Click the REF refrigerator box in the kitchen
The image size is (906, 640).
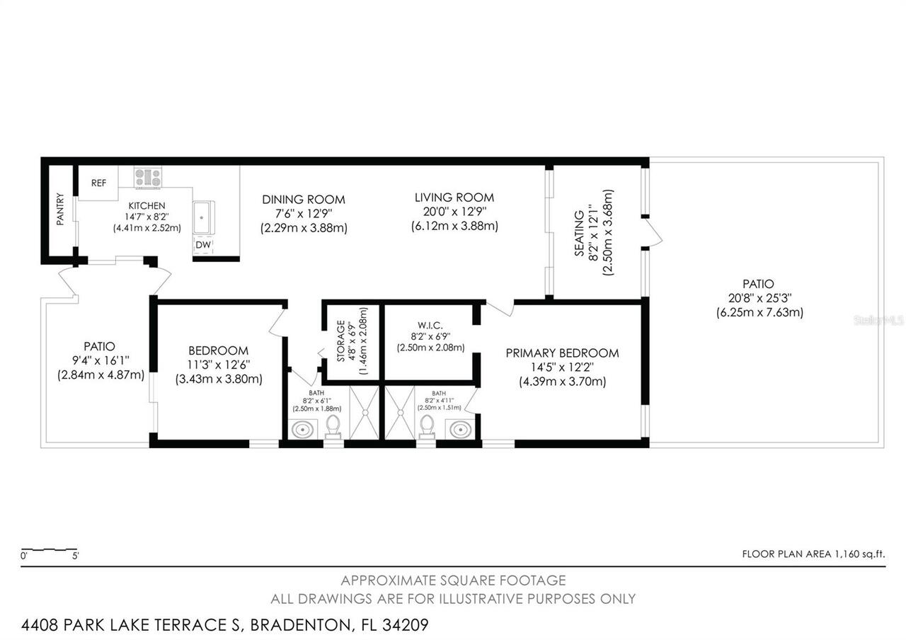(x=98, y=183)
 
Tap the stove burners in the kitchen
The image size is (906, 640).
(x=148, y=177)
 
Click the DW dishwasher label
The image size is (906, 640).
(x=202, y=245)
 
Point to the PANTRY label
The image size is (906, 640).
(x=60, y=210)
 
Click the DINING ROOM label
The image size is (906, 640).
(x=304, y=200)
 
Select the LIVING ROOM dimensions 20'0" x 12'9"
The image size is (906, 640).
(x=454, y=212)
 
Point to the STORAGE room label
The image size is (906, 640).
(x=340, y=341)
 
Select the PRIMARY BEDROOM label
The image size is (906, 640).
(x=562, y=353)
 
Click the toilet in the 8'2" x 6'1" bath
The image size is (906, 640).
(x=333, y=426)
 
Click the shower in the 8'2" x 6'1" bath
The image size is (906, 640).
(x=365, y=412)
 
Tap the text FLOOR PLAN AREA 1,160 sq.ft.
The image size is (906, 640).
(x=813, y=554)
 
